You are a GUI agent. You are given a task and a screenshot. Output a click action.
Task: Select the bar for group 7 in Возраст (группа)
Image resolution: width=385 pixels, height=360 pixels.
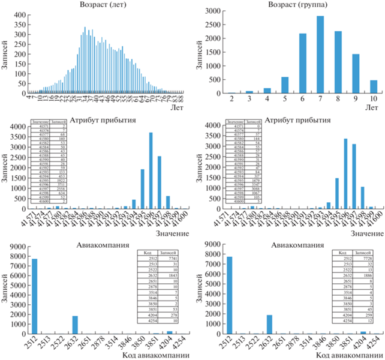pyautogui.click(x=320, y=55)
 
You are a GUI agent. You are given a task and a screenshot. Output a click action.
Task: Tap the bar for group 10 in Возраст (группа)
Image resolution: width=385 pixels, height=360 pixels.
pyautogui.click(x=372, y=87)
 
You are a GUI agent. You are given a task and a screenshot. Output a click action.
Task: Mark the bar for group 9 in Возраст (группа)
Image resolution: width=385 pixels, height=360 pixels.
pyautogui.click(x=355, y=72)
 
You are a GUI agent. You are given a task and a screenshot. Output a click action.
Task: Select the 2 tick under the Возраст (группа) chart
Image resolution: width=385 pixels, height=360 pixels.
pyautogui.click(x=232, y=99)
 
